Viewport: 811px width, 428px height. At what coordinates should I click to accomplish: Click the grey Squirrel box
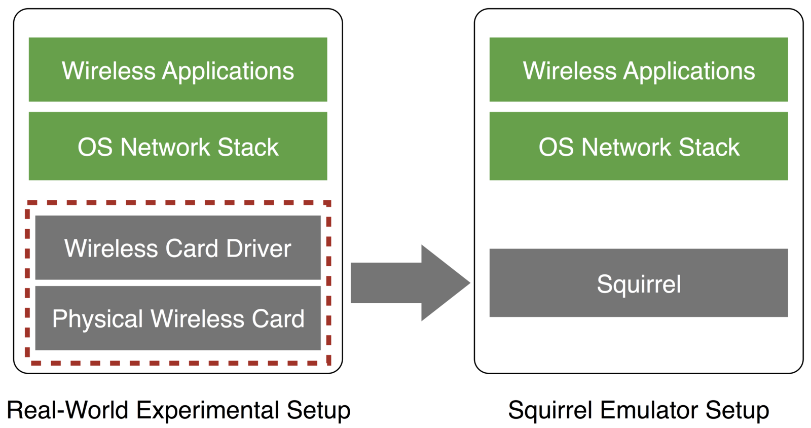point(638,282)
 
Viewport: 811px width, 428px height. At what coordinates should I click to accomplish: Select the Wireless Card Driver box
point(178,247)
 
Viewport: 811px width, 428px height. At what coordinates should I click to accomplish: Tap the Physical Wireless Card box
point(178,318)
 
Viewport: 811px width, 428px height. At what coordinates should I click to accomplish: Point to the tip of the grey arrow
point(468,282)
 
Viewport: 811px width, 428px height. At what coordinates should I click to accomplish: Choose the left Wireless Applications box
point(178,69)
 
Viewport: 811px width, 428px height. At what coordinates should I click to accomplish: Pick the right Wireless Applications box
point(638,69)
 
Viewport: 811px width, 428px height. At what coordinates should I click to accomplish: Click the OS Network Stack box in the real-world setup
point(178,146)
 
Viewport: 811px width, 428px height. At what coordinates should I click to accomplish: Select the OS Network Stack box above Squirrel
point(638,146)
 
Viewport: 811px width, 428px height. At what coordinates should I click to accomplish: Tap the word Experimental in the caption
point(208,410)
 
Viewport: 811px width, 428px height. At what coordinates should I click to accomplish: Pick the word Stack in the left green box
point(248,147)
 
